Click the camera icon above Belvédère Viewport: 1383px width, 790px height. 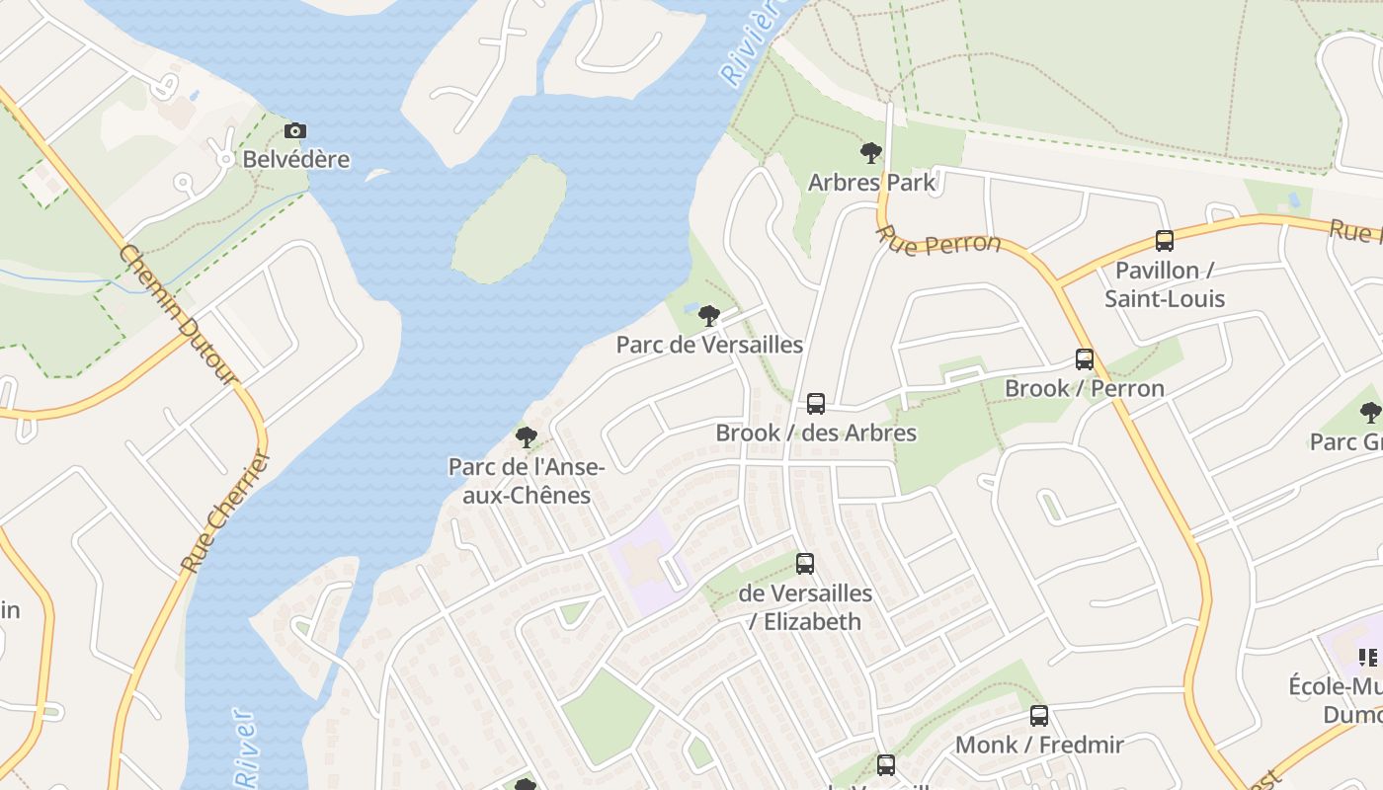(x=294, y=130)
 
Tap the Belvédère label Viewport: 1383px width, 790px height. (x=296, y=159)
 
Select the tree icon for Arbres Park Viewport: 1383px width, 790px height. (x=870, y=152)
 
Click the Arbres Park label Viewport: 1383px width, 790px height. (x=870, y=182)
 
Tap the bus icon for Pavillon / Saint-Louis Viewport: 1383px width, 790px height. (x=1165, y=240)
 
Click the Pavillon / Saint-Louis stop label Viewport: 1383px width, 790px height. (x=1165, y=284)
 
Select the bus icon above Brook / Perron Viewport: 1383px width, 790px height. (x=1085, y=359)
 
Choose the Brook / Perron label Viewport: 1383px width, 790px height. (x=1085, y=388)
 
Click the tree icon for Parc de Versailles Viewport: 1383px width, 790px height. (x=708, y=316)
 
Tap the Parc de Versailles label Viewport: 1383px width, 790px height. (x=709, y=345)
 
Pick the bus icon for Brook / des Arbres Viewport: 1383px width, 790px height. (x=816, y=403)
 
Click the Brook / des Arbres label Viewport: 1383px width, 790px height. (x=816, y=433)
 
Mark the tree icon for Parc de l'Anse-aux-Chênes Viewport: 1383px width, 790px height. (x=527, y=436)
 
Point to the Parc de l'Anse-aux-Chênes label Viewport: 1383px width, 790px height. (x=527, y=481)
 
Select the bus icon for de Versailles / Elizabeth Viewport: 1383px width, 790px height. (x=805, y=564)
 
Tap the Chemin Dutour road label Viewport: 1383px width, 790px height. (x=178, y=314)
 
